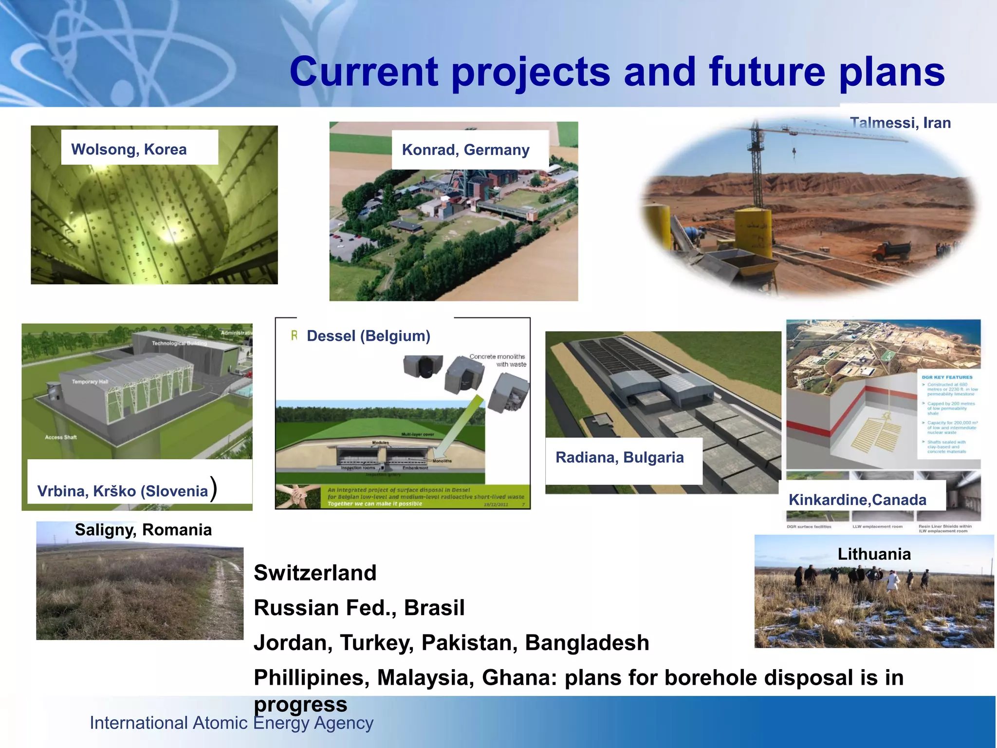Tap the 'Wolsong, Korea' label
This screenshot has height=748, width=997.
[x=129, y=149]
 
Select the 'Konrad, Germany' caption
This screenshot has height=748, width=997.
[x=465, y=150]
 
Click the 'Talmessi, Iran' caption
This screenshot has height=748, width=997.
[x=900, y=123]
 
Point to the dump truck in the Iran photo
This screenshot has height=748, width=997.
[x=892, y=250]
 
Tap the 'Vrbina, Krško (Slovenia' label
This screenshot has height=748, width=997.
[x=123, y=491]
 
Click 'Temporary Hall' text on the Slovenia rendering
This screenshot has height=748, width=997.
[x=90, y=382]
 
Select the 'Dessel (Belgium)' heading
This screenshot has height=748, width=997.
[x=369, y=336]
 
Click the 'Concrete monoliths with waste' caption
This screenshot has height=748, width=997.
[x=498, y=360]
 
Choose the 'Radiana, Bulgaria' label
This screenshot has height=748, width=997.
[x=619, y=458]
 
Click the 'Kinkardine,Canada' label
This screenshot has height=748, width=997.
[x=857, y=500]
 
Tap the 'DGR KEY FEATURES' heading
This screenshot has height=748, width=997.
[x=947, y=377]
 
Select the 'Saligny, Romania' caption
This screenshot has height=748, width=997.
[x=143, y=530]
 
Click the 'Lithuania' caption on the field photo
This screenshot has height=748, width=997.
[x=874, y=554]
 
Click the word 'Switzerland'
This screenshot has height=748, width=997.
[x=315, y=573]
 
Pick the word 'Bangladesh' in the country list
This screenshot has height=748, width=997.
[x=587, y=643]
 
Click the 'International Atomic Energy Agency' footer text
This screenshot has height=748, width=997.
[x=231, y=723]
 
